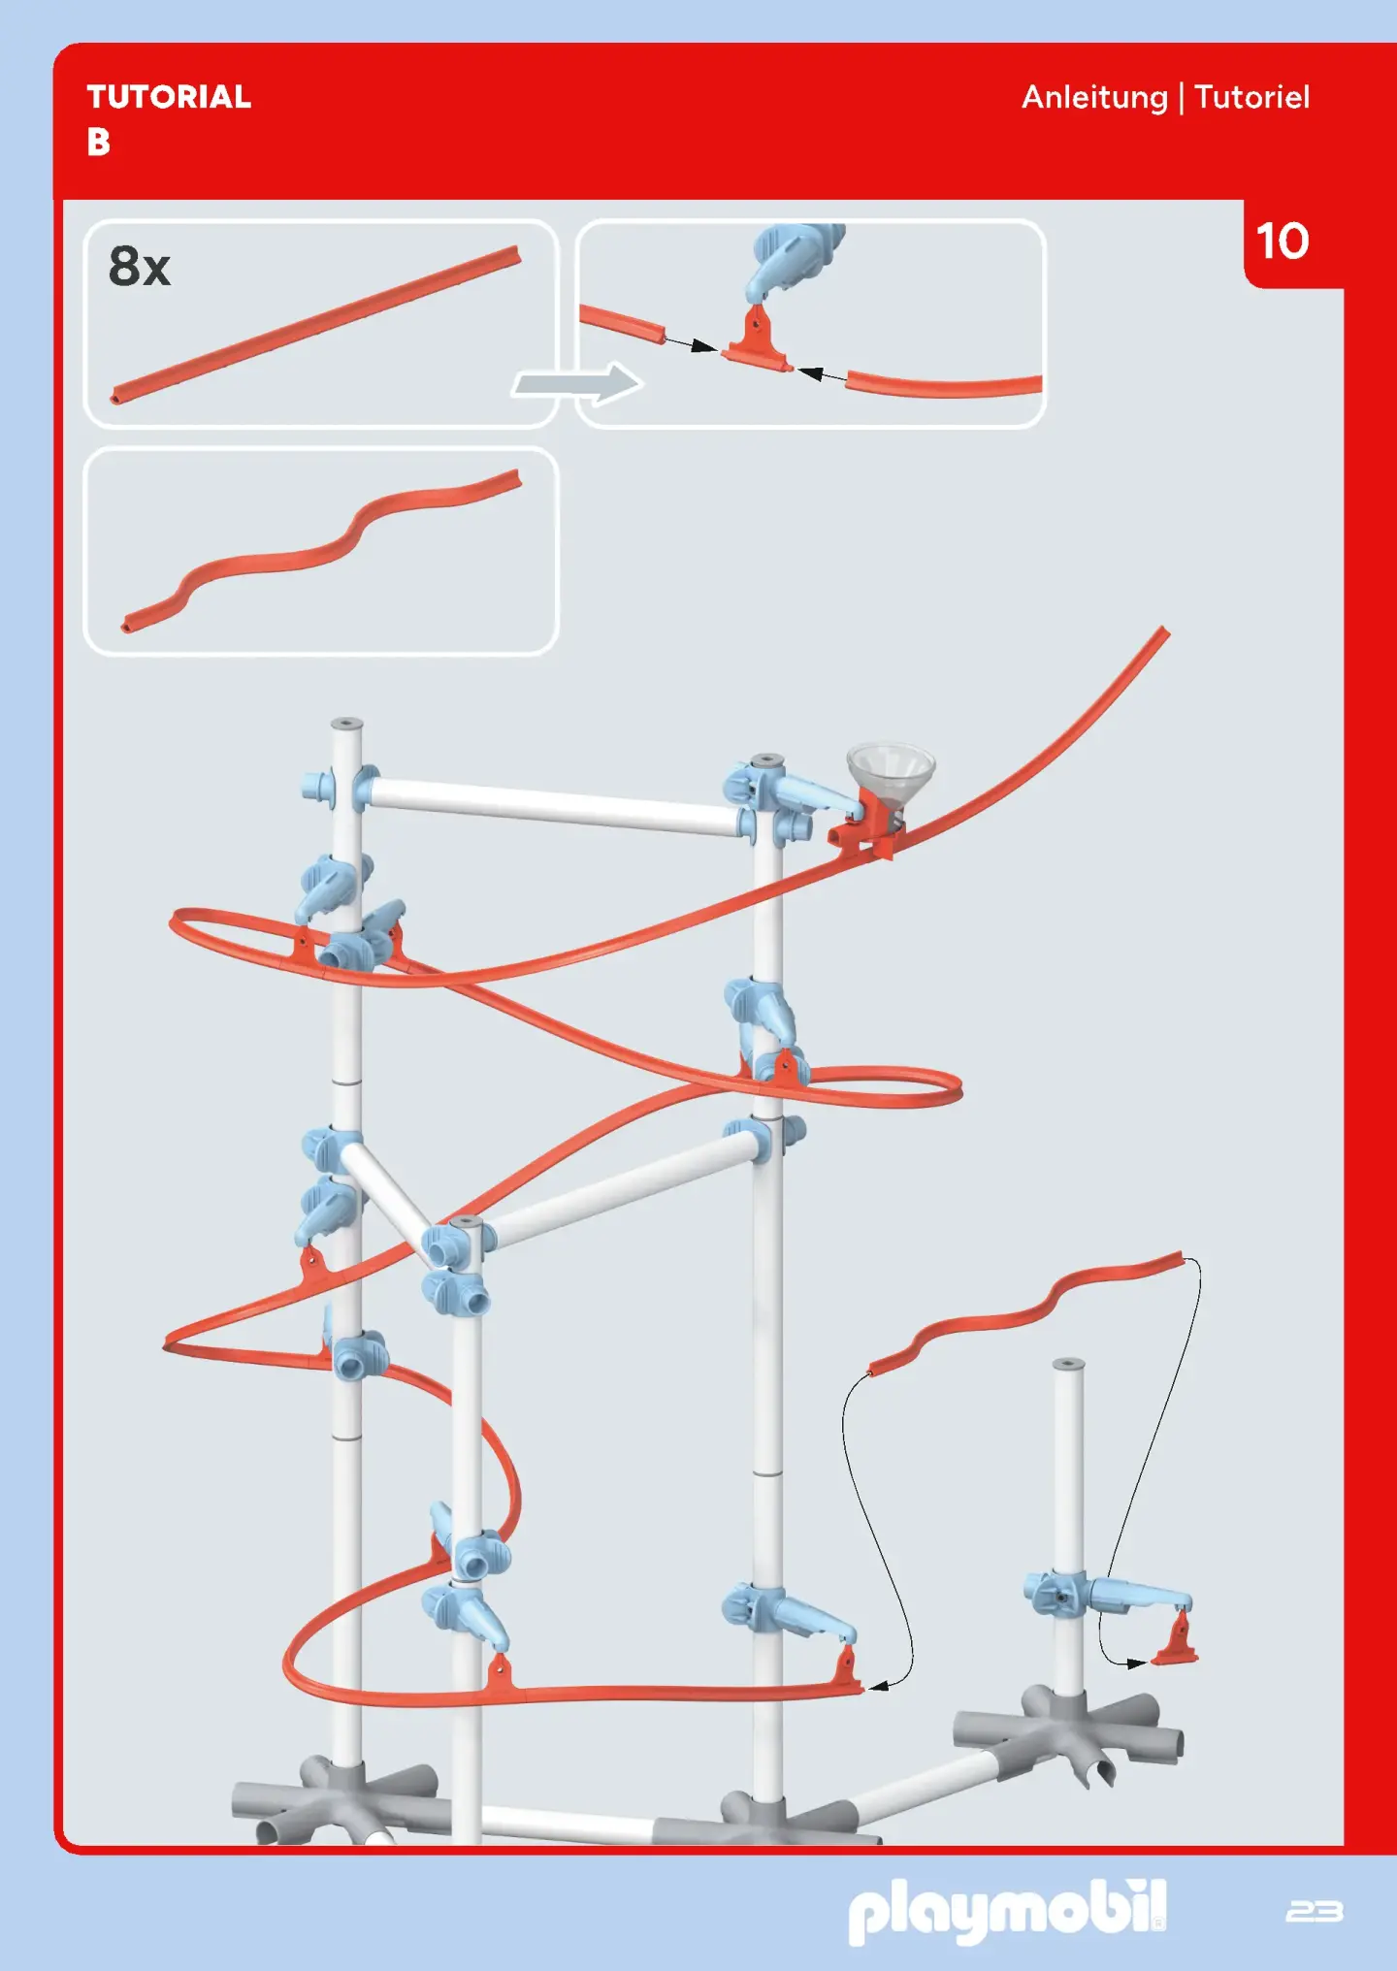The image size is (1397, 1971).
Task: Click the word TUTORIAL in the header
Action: point(169,97)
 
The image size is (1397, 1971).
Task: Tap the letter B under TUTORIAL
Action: point(98,143)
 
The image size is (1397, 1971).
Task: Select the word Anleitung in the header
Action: point(1094,98)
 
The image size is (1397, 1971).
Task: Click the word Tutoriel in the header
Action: point(1251,97)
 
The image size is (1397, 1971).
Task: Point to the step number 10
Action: point(1283,241)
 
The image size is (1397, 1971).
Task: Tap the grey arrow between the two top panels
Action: point(578,383)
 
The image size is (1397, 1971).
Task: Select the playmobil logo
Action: point(1007,1910)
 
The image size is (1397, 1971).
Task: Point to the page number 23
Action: point(1315,1911)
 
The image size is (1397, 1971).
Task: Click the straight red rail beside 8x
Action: point(315,325)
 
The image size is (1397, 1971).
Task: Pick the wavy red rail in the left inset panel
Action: point(321,550)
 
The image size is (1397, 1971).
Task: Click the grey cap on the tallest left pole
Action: point(346,724)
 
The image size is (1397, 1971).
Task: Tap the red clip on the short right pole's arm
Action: point(1176,1640)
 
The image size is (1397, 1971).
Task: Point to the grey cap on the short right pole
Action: point(1068,1364)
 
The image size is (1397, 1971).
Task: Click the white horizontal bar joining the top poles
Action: point(553,807)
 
